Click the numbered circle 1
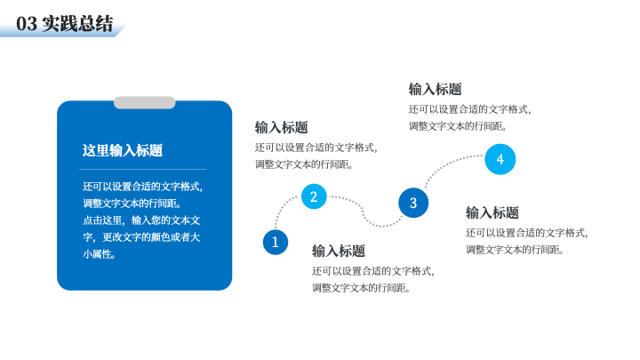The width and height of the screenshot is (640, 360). click(x=275, y=242)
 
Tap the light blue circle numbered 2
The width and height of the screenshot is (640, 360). click(x=314, y=196)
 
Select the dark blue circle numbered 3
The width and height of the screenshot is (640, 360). click(x=413, y=203)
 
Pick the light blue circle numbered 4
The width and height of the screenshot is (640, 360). click(x=500, y=159)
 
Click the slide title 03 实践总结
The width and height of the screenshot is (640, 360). click(x=65, y=24)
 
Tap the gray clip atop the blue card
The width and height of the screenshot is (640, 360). click(x=145, y=102)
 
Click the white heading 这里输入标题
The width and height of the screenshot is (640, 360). click(x=123, y=150)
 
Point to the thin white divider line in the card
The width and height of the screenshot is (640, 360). click(x=142, y=169)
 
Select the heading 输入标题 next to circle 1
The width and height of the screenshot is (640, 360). click(x=339, y=251)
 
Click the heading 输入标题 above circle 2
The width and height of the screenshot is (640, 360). click(x=281, y=127)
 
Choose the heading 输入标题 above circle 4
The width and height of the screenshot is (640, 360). click(x=435, y=89)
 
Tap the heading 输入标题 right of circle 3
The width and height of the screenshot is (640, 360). click(x=492, y=212)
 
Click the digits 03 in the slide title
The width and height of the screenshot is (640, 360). click(x=27, y=24)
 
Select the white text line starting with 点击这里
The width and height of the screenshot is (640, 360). click(x=141, y=220)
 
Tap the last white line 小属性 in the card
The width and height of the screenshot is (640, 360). click(x=100, y=254)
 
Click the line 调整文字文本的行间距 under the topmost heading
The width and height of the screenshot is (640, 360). click(x=458, y=126)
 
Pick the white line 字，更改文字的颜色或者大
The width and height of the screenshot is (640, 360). click(x=141, y=237)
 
